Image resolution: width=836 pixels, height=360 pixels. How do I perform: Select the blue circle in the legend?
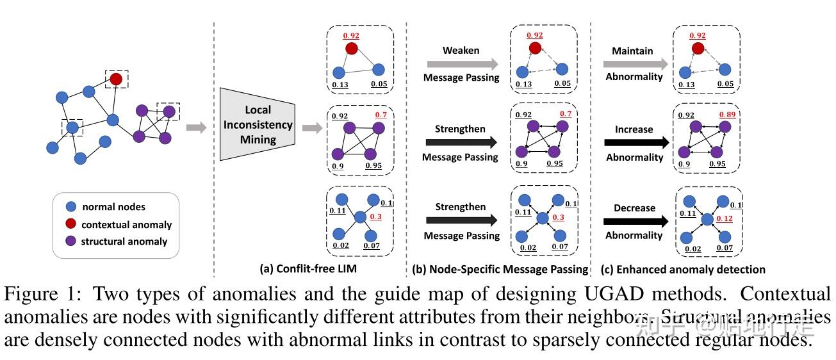click(x=71, y=207)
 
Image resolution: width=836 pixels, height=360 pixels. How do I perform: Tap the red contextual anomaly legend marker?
click(x=71, y=224)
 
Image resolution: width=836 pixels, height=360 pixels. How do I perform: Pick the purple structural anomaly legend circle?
click(x=71, y=241)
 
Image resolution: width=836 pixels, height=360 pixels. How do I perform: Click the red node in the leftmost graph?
click(x=115, y=79)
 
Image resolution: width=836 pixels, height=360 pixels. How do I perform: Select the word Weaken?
click(x=461, y=50)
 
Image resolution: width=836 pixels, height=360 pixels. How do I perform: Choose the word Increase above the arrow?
click(x=634, y=129)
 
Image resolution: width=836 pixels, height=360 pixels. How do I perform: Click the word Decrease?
click(x=634, y=208)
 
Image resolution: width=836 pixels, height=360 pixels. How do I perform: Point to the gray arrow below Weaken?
click(x=461, y=63)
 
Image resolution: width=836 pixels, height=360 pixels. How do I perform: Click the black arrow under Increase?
click(x=634, y=143)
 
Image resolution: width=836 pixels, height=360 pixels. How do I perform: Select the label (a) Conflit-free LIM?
click(x=307, y=270)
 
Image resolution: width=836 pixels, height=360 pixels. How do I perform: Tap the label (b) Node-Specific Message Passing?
click(x=499, y=270)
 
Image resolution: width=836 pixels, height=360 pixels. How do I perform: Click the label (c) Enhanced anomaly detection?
click(x=682, y=270)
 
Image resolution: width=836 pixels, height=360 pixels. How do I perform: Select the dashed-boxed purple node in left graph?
click(x=169, y=112)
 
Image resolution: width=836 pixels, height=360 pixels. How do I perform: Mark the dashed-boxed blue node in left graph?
click(x=73, y=127)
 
